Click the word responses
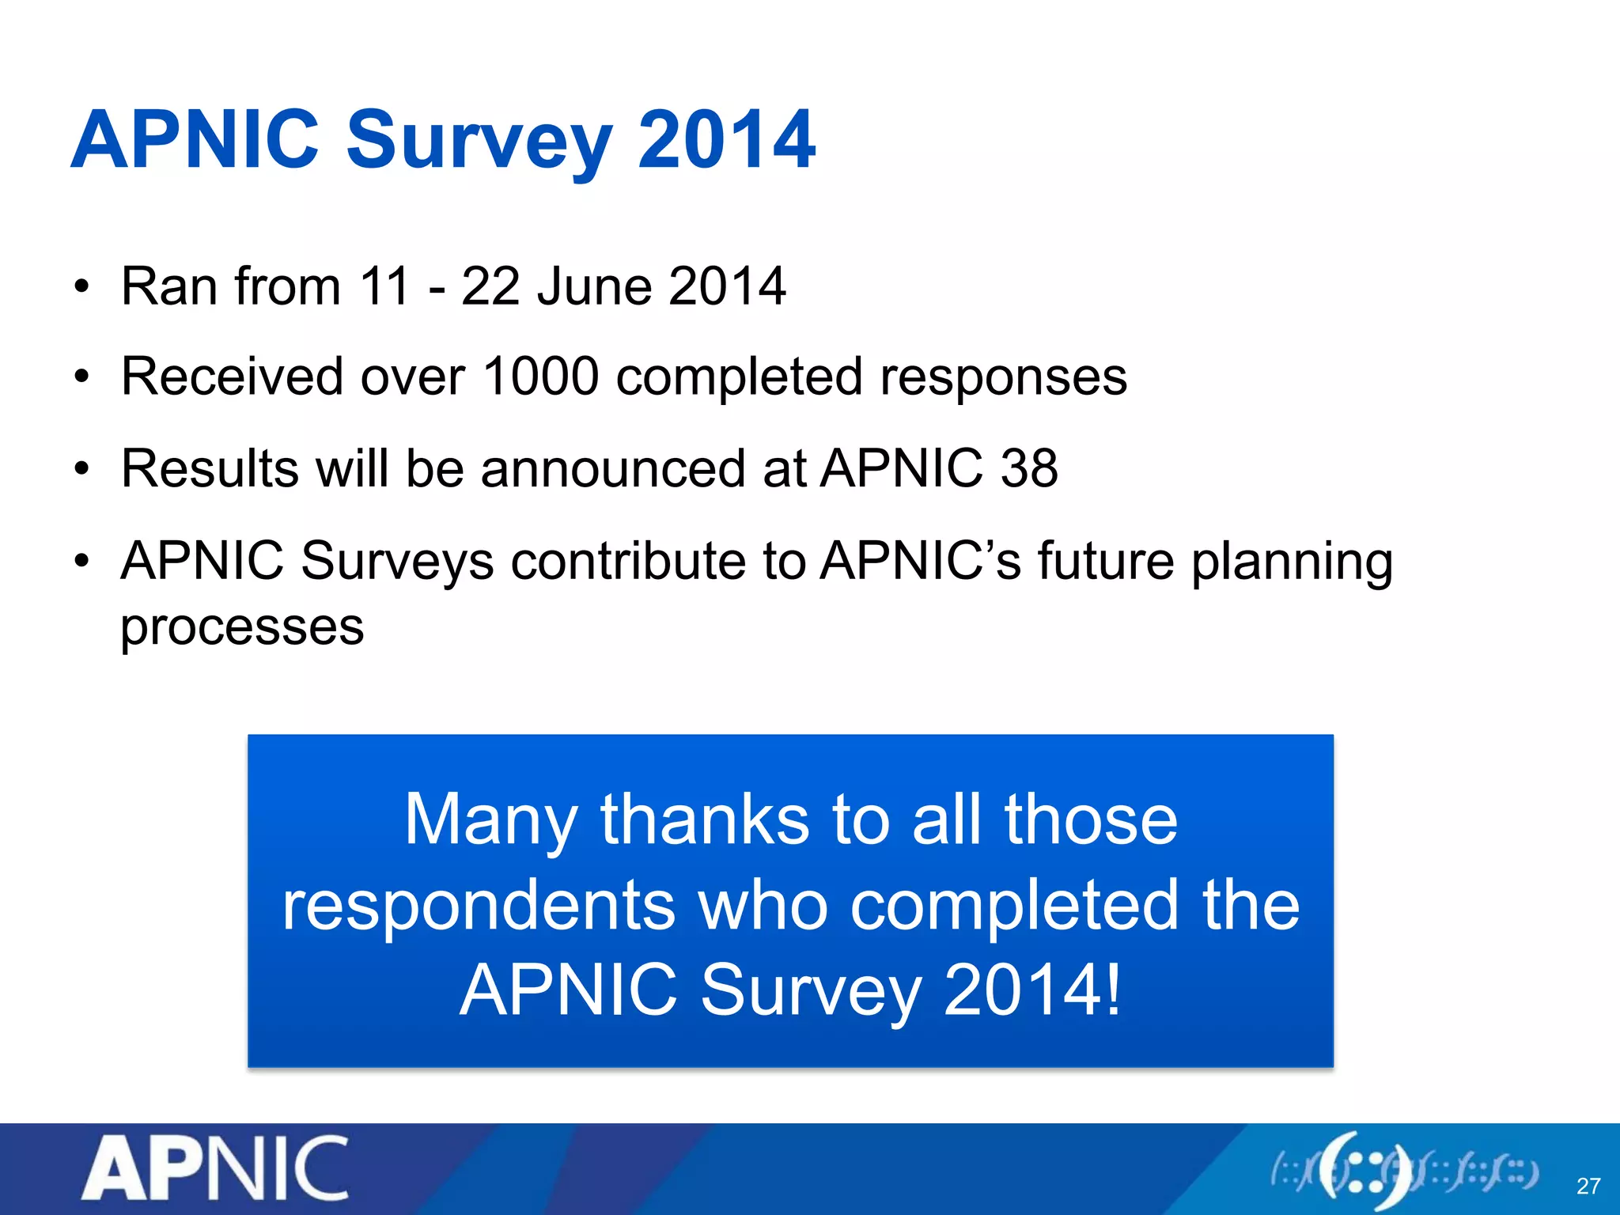click(x=1003, y=377)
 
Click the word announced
click(x=613, y=468)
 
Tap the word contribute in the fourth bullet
click(x=628, y=561)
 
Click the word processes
click(x=242, y=628)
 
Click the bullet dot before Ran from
click(x=82, y=287)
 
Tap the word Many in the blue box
click(x=490, y=820)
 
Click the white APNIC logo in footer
click(x=215, y=1168)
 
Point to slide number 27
click(x=1588, y=1186)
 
